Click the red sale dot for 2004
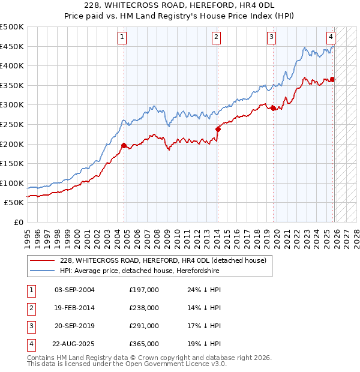(124, 145)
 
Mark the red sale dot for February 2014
(218, 129)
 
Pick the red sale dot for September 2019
(274, 109)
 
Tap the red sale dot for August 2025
(332, 79)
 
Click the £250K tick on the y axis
(13, 124)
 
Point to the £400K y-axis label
(13, 66)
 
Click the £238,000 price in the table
(144, 308)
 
